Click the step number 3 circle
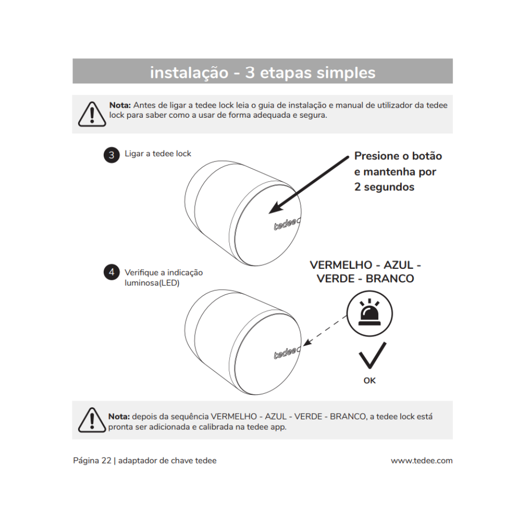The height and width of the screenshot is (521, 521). [111, 155]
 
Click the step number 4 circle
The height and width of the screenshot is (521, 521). [111, 272]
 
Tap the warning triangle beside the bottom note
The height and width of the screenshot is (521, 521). [92, 420]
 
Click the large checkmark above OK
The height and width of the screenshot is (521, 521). [372, 356]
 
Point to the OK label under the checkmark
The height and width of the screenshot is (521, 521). [369, 381]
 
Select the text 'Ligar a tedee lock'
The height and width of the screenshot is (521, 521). [158, 154]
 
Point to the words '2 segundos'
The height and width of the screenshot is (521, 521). [384, 187]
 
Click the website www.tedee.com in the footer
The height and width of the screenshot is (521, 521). [421, 461]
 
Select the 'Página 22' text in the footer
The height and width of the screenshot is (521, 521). [92, 461]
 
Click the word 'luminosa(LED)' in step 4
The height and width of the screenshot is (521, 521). [152, 283]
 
